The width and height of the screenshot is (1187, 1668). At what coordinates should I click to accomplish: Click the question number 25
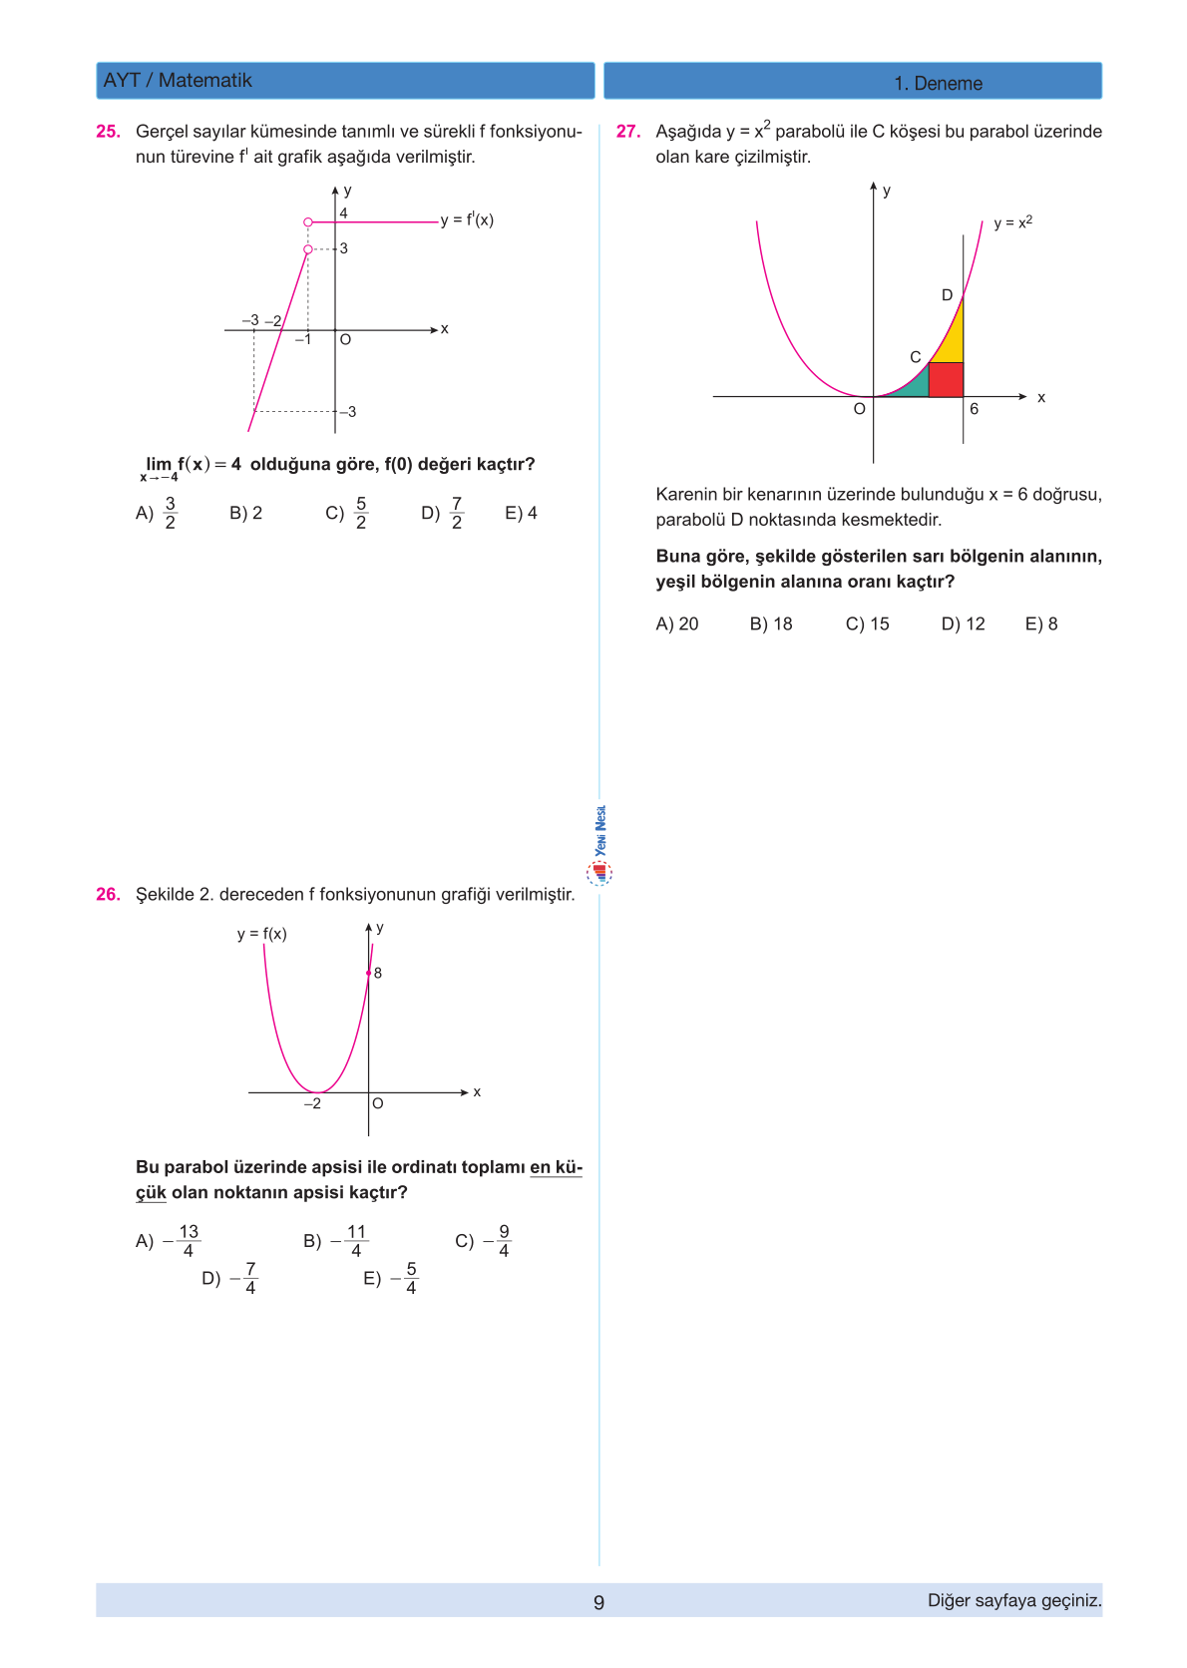pos(108,131)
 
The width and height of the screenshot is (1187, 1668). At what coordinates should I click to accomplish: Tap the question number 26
pos(108,894)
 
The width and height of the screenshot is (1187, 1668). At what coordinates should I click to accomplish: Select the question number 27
pos(627,131)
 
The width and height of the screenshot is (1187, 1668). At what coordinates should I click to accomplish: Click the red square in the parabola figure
pos(946,380)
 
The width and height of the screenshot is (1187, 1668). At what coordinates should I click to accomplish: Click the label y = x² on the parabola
pos(1012,222)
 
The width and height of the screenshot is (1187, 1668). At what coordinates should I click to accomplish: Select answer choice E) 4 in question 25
pos(521,513)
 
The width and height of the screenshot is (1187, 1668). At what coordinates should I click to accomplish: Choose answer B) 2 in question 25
pos(245,513)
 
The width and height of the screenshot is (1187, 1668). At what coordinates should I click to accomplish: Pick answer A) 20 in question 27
pos(677,624)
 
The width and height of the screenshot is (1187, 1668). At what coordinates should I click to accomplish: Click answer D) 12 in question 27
pos(963,624)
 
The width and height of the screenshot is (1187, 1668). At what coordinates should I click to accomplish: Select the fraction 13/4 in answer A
pos(189,1241)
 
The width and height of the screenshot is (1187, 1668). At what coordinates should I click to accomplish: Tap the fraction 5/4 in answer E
pos(411,1278)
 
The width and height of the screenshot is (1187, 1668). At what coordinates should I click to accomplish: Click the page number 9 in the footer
pos(598,1602)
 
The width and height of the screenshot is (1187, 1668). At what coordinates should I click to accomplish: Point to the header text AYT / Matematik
pos(178,81)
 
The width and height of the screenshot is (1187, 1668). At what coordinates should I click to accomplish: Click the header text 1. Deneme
pos(938,84)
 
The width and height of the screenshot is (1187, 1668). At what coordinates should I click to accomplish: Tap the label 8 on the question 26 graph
pos(378,973)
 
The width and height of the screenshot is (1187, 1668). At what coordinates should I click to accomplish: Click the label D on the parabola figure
pos(948,295)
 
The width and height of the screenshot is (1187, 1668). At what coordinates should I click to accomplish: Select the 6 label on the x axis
pos(975,409)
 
